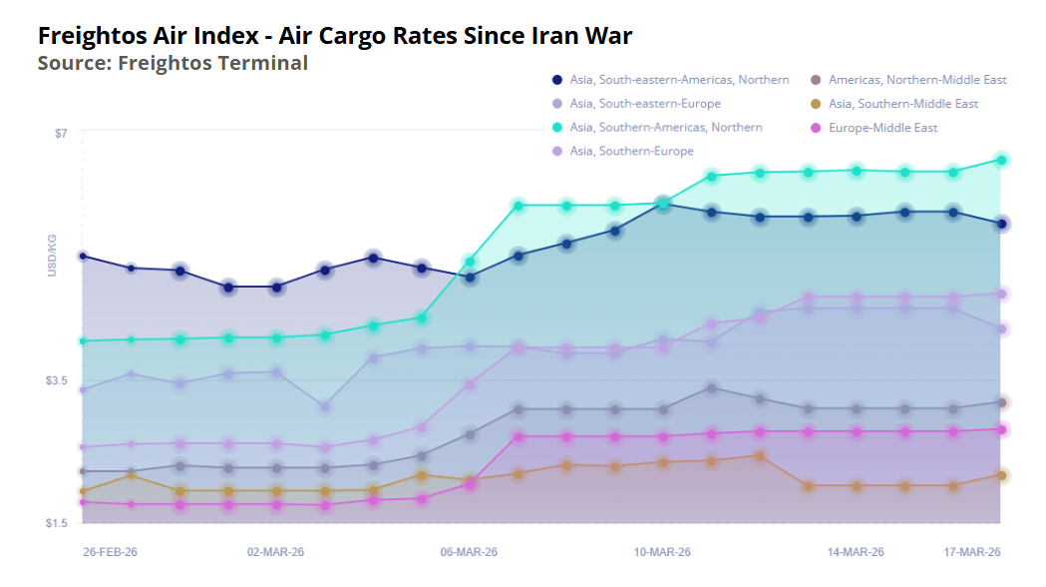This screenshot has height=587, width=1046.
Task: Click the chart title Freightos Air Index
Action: (335, 37)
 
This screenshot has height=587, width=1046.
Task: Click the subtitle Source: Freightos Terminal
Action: (173, 63)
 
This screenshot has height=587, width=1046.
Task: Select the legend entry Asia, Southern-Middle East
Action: (904, 104)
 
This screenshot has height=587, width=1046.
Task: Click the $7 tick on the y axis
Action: (61, 133)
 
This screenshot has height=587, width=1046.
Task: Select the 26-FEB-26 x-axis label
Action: (110, 552)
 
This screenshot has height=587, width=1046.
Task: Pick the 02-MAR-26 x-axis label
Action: (275, 552)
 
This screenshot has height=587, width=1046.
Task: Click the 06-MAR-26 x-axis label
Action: (469, 552)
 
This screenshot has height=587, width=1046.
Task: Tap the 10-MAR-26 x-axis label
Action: (663, 552)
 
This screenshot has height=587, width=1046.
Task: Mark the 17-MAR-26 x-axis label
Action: (972, 552)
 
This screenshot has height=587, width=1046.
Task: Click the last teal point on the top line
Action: (1001, 160)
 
